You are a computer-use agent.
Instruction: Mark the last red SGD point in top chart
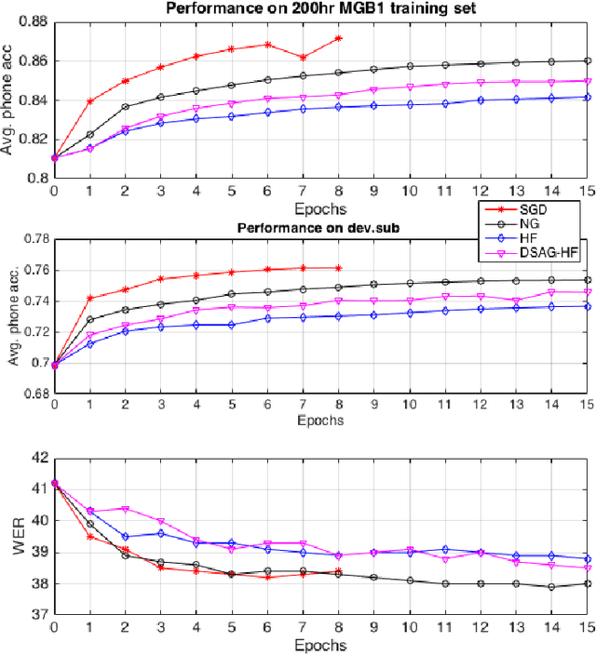pos(338,38)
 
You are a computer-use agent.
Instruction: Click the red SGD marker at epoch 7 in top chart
pos(303,58)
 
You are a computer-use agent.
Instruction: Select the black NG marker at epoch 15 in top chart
pos(587,60)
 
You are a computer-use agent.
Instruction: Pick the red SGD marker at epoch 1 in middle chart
pos(89,299)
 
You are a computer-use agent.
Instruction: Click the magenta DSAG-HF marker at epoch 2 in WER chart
pos(125,509)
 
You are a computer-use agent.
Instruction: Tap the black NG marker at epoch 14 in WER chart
pos(551,587)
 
